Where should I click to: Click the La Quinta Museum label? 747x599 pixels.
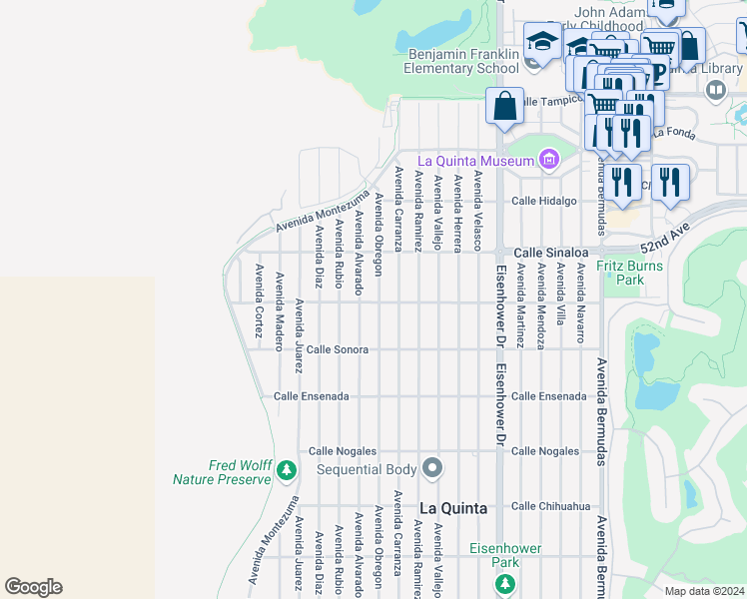coord(475,160)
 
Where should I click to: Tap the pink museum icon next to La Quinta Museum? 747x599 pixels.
coord(547,160)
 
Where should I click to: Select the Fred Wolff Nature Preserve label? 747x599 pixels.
coord(222,472)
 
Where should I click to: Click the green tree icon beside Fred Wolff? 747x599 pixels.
coord(287,469)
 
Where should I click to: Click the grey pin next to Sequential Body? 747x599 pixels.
coord(432,468)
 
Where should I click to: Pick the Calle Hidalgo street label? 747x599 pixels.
coord(544,201)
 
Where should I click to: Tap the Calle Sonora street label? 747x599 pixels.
coord(338,349)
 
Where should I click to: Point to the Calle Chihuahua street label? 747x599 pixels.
coord(551,506)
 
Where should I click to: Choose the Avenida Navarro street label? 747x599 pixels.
coord(580,303)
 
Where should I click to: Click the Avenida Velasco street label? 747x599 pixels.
coord(478,211)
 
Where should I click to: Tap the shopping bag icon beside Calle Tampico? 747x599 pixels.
coord(505,106)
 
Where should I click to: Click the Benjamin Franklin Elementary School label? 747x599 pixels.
coord(461,61)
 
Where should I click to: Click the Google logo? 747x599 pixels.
coord(33,587)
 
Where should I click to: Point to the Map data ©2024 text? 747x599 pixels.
coord(703,591)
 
